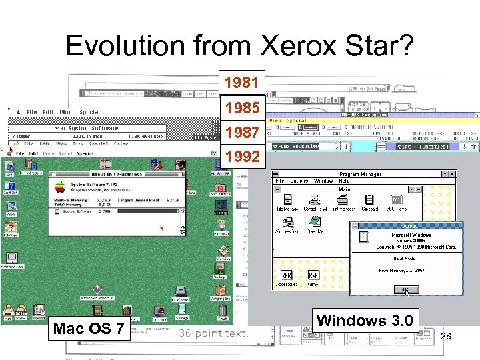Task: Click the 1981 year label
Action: coord(242,83)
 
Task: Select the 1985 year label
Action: coord(242,108)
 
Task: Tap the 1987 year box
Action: coord(242,133)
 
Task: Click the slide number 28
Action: coord(446,337)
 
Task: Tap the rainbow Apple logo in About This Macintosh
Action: coord(61,187)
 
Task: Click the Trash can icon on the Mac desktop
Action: coord(223,311)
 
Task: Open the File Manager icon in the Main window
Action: coord(287,201)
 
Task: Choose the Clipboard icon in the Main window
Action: coord(369,200)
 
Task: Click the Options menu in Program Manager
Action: coord(300,181)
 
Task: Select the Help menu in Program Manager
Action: coord(344,181)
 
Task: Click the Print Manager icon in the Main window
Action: coord(343,201)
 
